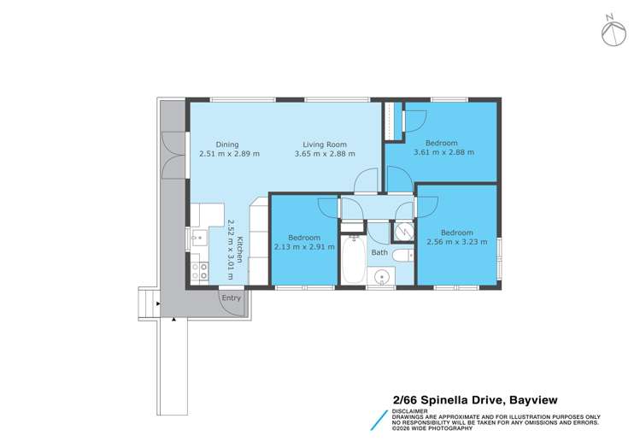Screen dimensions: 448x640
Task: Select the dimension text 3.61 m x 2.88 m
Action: pos(443,153)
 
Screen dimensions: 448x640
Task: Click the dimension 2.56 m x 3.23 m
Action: pos(457,242)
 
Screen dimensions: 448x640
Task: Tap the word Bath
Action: pos(379,253)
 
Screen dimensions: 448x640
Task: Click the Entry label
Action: pos(231,298)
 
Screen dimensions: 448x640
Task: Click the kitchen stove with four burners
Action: pos(198,272)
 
